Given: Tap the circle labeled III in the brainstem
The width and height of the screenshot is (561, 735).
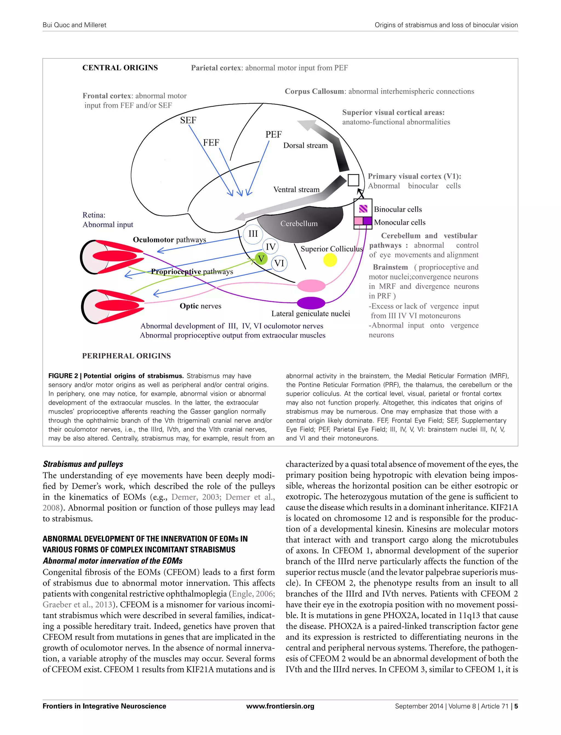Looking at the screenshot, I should [253, 234].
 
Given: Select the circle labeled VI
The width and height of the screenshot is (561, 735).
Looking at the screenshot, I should [279, 263].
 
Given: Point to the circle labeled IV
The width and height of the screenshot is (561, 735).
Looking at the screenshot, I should [270, 247].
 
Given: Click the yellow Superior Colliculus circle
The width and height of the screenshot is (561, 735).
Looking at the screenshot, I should [330, 260].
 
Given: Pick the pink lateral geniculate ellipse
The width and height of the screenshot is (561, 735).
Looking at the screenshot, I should [311, 286].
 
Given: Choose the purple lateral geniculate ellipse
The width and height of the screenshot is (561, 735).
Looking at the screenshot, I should [311, 303].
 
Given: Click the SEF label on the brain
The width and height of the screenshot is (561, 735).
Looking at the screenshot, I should [188, 120].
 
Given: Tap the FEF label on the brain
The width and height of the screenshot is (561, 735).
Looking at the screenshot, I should [211, 143].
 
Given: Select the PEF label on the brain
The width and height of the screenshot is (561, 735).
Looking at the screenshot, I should [273, 134].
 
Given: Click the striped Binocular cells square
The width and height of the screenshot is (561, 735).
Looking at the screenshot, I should [363, 209].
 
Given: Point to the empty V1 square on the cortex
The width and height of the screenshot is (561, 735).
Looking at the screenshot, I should [353, 180].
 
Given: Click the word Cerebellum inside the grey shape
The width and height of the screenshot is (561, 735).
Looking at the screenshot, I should [299, 224].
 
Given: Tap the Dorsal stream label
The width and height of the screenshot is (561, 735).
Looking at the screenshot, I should [305, 145].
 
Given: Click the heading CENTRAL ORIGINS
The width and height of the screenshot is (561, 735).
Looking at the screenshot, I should [120, 68].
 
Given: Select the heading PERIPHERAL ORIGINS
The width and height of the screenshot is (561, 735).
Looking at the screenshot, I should [126, 356].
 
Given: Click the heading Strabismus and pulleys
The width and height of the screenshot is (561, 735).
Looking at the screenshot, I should [83, 464].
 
